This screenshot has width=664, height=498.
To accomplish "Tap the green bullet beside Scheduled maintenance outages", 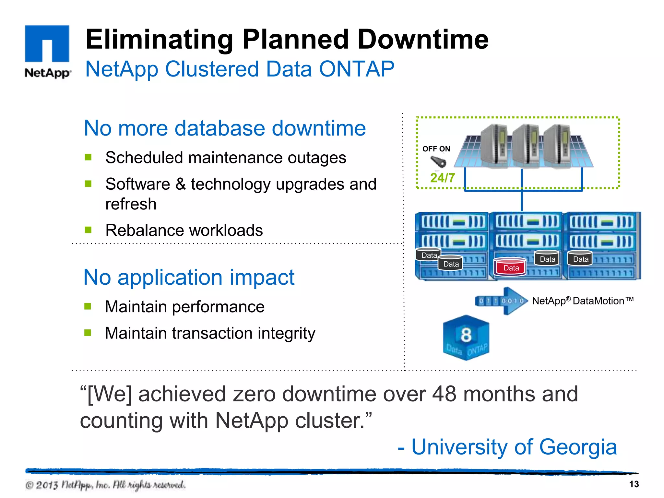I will pos(88,158).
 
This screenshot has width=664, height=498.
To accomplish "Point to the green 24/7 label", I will pos(442,178).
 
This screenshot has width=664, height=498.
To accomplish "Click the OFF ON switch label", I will pos(436,149).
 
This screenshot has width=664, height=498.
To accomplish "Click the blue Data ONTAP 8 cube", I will pos(466,338).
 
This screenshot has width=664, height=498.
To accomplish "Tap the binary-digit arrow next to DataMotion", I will pos(501,301).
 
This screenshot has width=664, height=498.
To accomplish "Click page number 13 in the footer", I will pos(634,484).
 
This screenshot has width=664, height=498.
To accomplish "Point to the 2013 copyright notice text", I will pos(105,485).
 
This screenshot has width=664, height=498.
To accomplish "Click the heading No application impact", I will pos(189,278).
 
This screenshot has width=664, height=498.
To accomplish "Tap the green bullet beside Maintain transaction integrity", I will pos(88,333).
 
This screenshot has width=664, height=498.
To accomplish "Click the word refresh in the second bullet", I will pos(131,204).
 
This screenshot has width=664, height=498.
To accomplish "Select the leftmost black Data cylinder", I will pos(429,255).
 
